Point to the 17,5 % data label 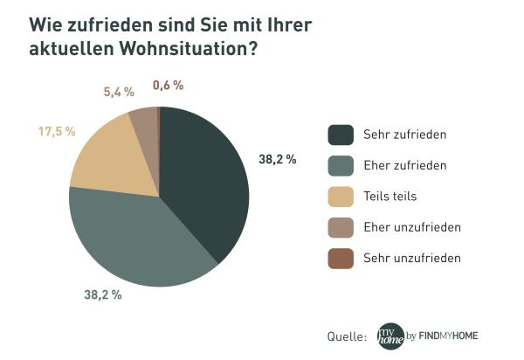tap(57, 131)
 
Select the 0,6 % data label tap(168, 85)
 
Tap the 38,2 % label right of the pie tap(277, 159)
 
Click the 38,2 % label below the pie tap(102, 295)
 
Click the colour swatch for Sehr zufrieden tap(341, 135)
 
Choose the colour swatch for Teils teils tap(341, 196)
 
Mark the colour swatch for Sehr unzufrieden tap(341, 258)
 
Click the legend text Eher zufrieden tap(405, 165)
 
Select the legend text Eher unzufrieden tap(411, 227)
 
